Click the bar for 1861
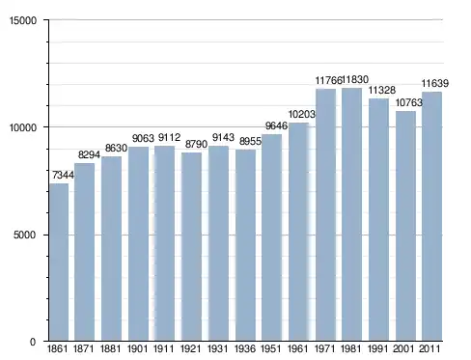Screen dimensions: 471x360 point(59,263)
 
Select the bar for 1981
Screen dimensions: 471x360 point(351,214)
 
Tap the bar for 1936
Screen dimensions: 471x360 point(245,245)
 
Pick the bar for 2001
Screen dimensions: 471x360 point(405,226)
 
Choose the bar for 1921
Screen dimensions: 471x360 point(191,247)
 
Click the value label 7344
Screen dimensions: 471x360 point(63,175)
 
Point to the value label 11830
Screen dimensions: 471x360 point(355,79)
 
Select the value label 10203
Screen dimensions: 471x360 point(302,114)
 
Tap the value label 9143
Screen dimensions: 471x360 point(223,137)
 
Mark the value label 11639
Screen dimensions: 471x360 point(435,84)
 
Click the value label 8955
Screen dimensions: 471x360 point(250,141)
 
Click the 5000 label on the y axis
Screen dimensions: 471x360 point(25,235)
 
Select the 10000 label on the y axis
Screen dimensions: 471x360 point(23,127)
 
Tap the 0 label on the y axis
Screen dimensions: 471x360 point(33,342)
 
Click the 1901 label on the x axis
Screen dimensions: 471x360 point(137,349)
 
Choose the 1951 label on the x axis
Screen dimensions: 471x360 point(271,349)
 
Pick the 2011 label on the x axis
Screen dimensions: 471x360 point(430,349)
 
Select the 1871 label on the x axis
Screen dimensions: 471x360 point(84,349)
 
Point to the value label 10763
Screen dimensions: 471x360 point(408,102)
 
